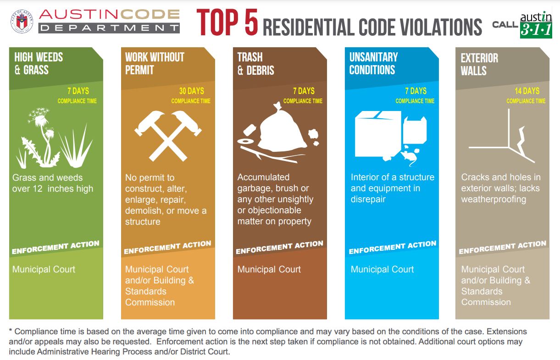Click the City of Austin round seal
point(22,22)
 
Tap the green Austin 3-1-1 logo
point(536,26)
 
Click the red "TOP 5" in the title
point(227,22)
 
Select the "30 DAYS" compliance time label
point(192,91)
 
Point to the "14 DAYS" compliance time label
point(527,91)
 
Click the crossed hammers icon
point(168,135)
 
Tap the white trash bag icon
point(282,127)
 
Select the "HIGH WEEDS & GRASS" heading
point(39,63)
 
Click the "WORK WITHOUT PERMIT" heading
point(155,63)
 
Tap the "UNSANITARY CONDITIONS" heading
point(373,63)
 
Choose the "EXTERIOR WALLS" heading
point(479,64)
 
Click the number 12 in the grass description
point(38,189)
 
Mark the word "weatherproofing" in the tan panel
point(494,199)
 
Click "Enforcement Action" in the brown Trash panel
point(280,247)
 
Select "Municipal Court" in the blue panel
point(382,269)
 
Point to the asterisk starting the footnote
point(11,331)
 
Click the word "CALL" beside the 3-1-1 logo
point(505,25)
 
